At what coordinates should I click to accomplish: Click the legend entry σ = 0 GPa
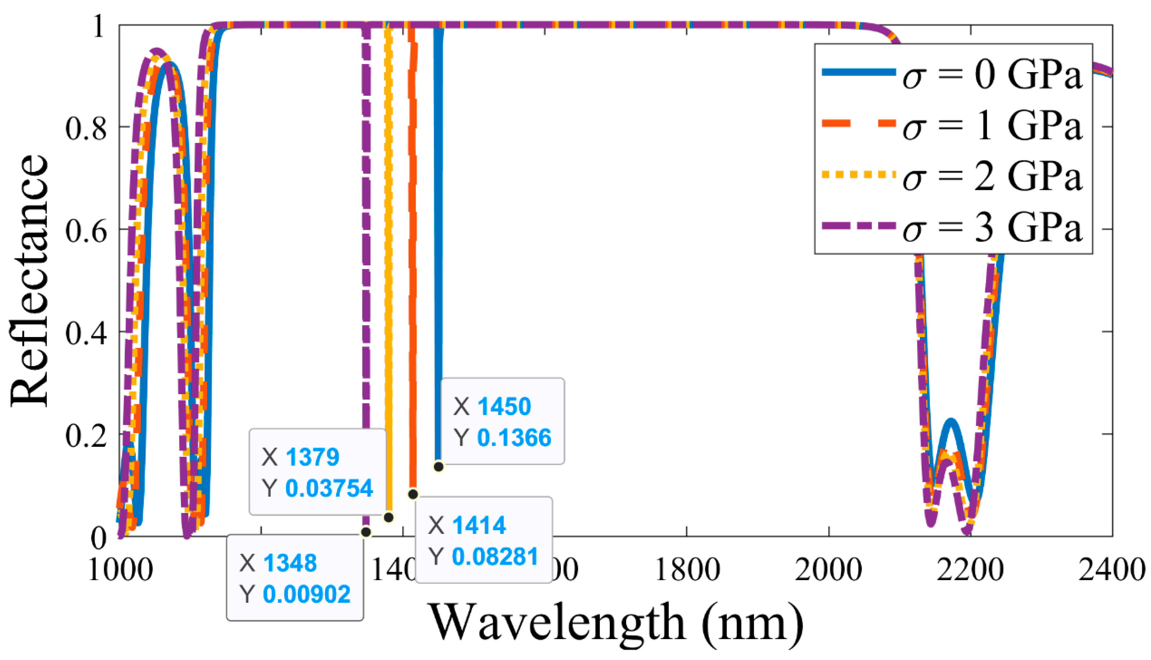click(x=952, y=75)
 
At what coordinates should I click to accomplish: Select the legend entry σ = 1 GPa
click(x=952, y=126)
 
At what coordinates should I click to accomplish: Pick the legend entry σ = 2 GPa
click(x=952, y=177)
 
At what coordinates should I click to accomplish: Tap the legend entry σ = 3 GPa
click(x=952, y=228)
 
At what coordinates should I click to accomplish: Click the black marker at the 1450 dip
click(x=438, y=466)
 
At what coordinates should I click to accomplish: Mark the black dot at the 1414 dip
click(x=413, y=494)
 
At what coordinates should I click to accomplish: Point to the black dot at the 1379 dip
click(x=388, y=517)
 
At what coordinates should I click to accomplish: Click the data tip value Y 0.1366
click(x=514, y=438)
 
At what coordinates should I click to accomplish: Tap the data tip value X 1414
click(x=478, y=525)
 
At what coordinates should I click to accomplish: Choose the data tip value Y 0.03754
click(x=329, y=489)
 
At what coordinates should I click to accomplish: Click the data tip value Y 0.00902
click(x=307, y=594)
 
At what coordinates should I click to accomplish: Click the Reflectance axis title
click(x=30, y=281)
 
